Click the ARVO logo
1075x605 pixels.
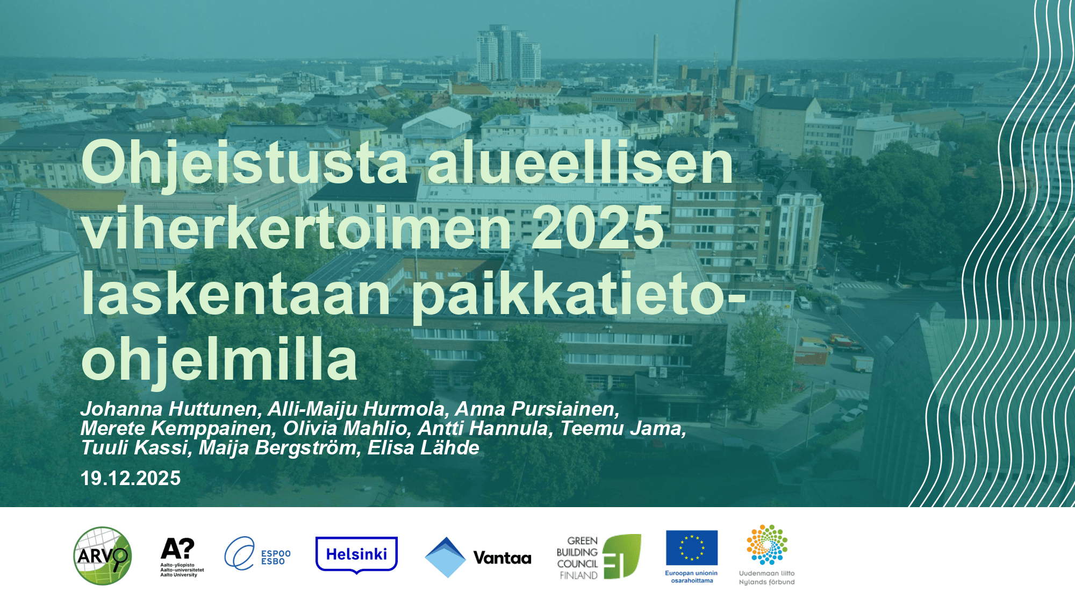103,556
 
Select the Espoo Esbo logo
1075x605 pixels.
257,553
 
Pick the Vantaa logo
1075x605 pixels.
478,558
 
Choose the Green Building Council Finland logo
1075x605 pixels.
599,557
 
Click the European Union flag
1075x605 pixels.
692,547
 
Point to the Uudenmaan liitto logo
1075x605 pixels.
767,555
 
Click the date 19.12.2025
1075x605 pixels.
131,478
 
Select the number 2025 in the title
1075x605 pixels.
598,228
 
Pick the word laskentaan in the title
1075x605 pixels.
236,294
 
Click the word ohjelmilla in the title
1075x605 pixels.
219,359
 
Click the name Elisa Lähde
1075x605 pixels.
423,448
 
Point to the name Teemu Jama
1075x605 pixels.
623,429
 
